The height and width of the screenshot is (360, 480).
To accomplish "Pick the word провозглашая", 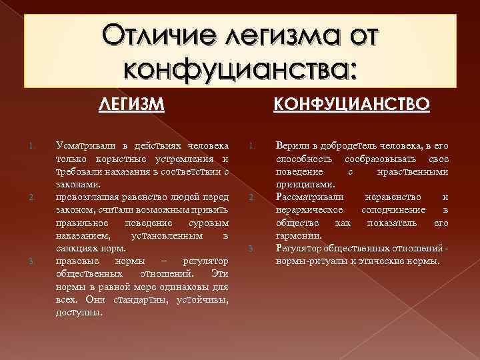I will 86,197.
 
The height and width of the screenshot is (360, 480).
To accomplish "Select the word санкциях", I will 75,248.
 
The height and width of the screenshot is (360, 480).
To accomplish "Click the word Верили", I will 290,146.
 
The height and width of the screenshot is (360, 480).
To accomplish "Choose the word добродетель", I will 344,146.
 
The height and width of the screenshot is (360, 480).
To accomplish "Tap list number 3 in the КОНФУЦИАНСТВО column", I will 251,249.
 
